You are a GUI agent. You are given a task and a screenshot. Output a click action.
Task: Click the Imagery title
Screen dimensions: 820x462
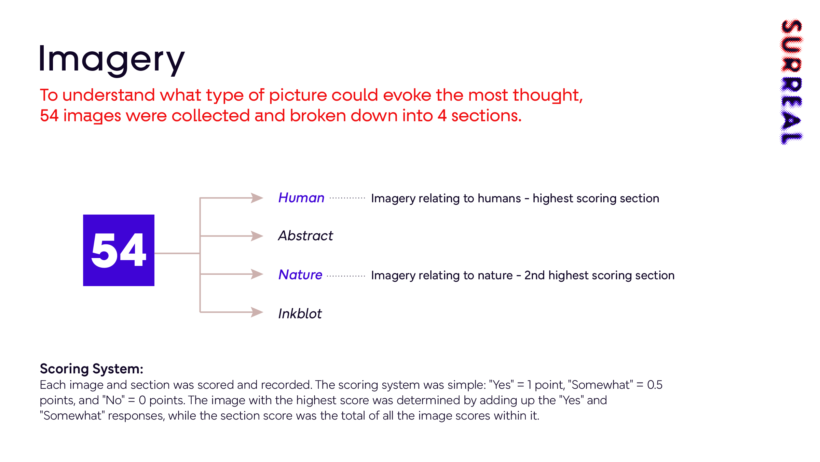[112, 60]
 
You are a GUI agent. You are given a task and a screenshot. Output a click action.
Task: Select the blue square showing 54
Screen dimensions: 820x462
[119, 250]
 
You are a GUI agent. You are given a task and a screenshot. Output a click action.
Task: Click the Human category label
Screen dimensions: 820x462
[301, 198]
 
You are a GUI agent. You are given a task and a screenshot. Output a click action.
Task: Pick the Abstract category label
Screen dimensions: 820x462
[305, 236]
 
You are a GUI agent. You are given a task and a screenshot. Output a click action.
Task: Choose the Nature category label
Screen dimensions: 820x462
[300, 274]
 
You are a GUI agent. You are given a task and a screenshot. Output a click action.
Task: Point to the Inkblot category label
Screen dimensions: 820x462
[300, 313]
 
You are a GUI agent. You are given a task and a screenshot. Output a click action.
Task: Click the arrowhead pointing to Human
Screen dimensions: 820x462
[257, 198]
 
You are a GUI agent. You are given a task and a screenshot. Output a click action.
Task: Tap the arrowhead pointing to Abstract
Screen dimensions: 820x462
[257, 236]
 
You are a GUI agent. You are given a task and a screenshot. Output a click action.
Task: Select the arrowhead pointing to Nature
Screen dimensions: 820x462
[257, 274]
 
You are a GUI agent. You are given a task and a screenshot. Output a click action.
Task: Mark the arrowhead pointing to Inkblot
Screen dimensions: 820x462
[257, 312]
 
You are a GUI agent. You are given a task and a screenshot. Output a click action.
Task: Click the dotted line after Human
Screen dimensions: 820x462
[347, 198]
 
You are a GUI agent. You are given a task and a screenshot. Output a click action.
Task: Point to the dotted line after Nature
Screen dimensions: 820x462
[346, 276]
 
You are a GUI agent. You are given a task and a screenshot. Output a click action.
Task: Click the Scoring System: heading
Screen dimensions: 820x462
[92, 369]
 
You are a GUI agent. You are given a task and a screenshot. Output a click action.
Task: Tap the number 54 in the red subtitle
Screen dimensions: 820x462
[49, 116]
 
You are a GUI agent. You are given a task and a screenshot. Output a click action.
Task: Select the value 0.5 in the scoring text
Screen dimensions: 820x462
[655, 385]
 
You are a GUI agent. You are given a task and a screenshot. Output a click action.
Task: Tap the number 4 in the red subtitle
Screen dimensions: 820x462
[442, 116]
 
